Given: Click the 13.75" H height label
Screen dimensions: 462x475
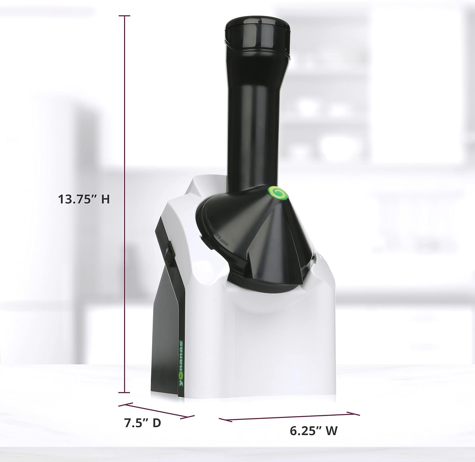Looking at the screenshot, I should click(84, 199).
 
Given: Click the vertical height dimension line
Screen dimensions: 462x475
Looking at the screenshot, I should click(125, 127).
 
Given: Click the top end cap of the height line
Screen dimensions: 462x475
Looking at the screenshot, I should click(125, 16).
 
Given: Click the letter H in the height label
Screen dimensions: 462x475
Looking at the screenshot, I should click(105, 199).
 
